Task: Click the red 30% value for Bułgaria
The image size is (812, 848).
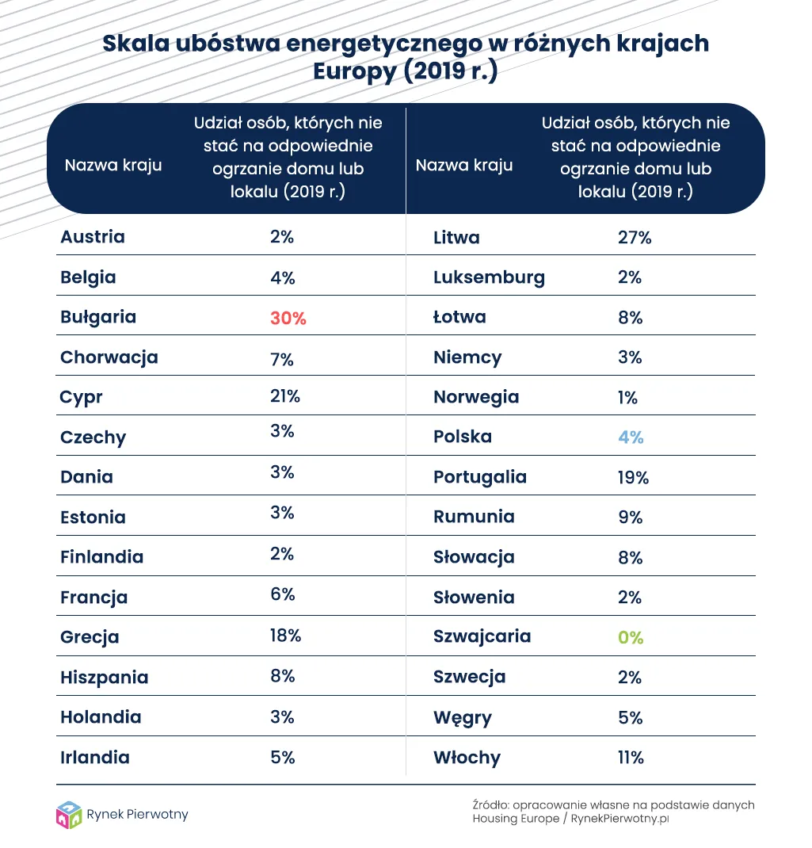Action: click(x=288, y=318)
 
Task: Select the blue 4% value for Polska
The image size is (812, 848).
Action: click(x=631, y=437)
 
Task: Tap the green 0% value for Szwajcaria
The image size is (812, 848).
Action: click(x=631, y=637)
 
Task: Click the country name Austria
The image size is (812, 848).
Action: click(x=93, y=236)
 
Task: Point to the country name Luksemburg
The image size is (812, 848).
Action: click(x=489, y=277)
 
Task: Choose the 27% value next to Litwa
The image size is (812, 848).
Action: click(x=634, y=237)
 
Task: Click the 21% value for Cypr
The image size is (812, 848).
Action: click(x=284, y=396)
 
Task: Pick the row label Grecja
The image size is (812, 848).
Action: click(x=90, y=637)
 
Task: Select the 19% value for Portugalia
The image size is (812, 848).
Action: click(x=633, y=477)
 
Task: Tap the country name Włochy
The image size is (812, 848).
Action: click(x=467, y=758)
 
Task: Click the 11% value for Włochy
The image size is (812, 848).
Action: click(x=631, y=758)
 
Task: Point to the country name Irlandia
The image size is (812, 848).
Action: click(x=95, y=758)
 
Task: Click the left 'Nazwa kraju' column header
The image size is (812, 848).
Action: click(x=113, y=166)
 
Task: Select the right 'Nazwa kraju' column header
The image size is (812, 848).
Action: click(x=464, y=166)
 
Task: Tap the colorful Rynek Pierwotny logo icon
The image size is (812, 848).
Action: click(x=69, y=816)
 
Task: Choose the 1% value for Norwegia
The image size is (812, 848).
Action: click(x=628, y=397)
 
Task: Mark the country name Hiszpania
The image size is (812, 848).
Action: click(x=105, y=678)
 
